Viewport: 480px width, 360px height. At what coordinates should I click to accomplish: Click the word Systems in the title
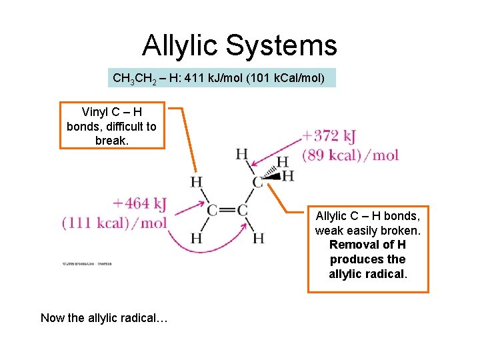281,46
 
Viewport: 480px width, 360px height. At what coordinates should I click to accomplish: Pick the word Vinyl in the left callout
95,111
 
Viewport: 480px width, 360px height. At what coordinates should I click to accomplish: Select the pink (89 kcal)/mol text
350,156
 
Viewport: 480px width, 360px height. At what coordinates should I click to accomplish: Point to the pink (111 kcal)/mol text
114,223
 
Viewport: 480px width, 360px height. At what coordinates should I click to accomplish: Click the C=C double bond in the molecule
227,211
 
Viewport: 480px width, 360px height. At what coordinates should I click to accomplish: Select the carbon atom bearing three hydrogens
257,182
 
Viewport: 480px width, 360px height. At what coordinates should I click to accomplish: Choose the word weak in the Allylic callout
329,231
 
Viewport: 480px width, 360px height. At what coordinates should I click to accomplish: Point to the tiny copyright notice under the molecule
87,264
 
